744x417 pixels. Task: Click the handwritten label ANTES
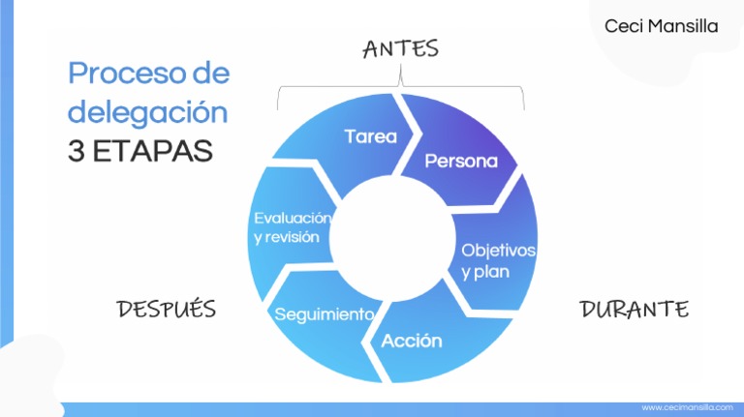400,48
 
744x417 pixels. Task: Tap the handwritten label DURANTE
634,310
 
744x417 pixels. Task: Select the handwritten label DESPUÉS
166,310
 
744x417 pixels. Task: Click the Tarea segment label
370,136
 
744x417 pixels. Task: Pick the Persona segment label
461,161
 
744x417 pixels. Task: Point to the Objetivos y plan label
497,260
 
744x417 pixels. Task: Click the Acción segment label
412,341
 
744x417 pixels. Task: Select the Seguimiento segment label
324,314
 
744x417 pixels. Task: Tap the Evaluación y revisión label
292,228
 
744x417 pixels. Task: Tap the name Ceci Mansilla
661,26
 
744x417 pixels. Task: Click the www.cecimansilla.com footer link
687,408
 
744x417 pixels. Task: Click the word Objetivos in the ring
498,250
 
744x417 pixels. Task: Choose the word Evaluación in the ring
292,219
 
